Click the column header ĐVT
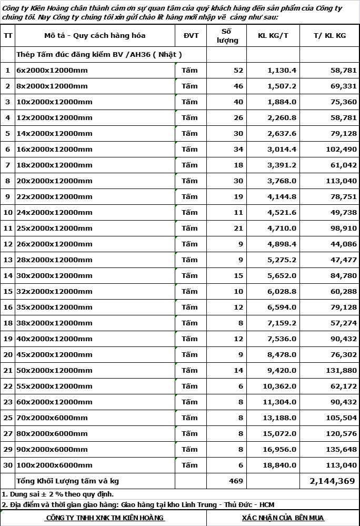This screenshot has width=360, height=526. pos(191,36)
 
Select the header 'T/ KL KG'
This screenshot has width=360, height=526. pos(329,36)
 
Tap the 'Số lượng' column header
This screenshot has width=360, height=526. pos(227,36)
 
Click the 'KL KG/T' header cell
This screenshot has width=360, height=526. pos(273,36)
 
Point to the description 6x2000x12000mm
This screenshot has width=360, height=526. pos(52,70)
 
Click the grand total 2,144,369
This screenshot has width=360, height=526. pos(332,481)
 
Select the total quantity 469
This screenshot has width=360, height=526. pos(236,481)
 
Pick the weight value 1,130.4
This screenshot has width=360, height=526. pos(282,70)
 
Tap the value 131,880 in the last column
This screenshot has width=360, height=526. pos(341,370)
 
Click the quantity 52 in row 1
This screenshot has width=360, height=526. pos(238,70)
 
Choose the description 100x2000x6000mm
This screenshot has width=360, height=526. pos(54,465)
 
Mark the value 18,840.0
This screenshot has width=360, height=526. pos(279,465)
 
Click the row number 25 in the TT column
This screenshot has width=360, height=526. pos(8,418)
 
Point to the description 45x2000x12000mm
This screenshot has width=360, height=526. pos(54,354)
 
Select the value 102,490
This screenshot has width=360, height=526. pos(341,149)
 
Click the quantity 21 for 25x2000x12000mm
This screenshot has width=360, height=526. pos(238,228)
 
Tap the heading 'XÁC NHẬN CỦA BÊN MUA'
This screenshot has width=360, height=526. pos(283,518)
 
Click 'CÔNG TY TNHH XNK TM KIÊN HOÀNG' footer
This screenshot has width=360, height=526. pos(105,518)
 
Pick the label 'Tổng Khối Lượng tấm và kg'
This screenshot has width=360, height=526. pos(68,481)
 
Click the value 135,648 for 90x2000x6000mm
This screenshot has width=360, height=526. pos(341,449)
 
